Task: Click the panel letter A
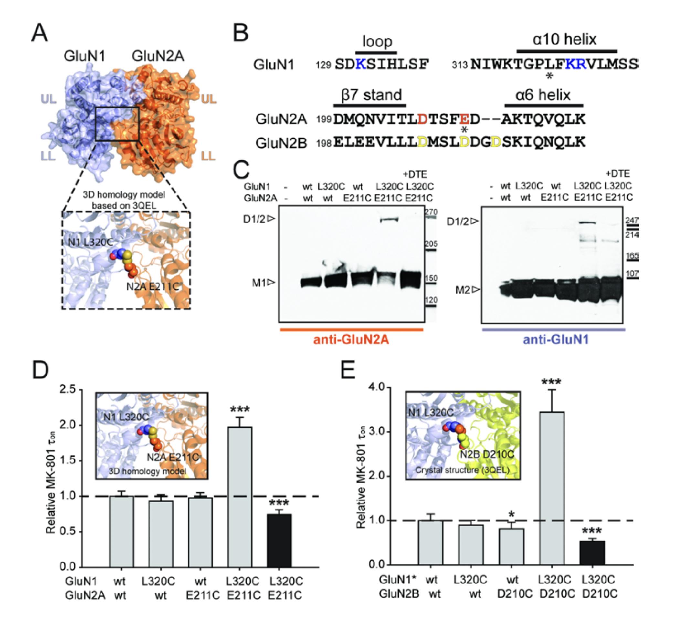click(x=39, y=33)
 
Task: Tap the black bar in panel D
click(x=279, y=540)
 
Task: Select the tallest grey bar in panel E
click(x=552, y=488)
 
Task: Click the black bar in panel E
click(x=592, y=552)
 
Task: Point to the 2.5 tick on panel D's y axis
click(x=68, y=389)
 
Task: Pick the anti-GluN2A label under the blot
click(x=351, y=339)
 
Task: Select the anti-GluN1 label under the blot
click(x=555, y=339)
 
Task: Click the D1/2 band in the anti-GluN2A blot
click(x=389, y=220)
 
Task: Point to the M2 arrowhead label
click(x=467, y=290)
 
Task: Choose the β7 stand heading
click(x=371, y=95)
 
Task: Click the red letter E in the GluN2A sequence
click(x=464, y=119)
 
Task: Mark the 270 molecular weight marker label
click(x=431, y=212)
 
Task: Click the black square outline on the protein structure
click(x=117, y=124)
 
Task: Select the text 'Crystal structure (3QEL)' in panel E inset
click(x=462, y=470)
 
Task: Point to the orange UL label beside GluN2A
click(x=208, y=99)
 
